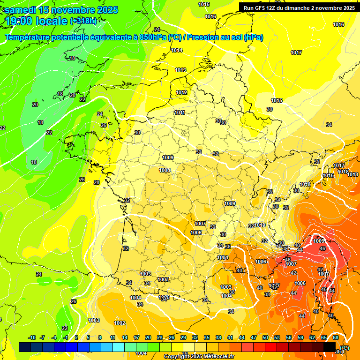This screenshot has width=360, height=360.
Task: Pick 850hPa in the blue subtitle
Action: pos(153,37)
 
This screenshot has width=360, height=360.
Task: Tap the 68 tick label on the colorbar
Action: pos(336,337)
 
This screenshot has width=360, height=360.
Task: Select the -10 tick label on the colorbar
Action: pos(32,337)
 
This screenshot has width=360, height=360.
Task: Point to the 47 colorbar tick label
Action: pos(254,337)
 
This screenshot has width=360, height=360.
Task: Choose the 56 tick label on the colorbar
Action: pos(289,337)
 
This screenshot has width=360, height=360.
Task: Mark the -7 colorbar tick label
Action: pos(42,337)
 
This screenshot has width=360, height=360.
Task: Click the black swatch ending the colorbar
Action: pos(330,347)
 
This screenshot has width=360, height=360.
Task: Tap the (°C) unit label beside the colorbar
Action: pos(345,347)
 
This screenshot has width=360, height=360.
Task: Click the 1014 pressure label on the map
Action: pos(177,50)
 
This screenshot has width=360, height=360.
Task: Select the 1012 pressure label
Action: pos(181,92)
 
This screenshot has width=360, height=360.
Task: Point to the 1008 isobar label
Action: pos(165,170)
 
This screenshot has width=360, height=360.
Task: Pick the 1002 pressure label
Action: pos(120,323)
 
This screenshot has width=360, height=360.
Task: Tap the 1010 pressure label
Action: pos(260,225)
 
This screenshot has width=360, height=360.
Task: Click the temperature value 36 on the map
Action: pos(228,246)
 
